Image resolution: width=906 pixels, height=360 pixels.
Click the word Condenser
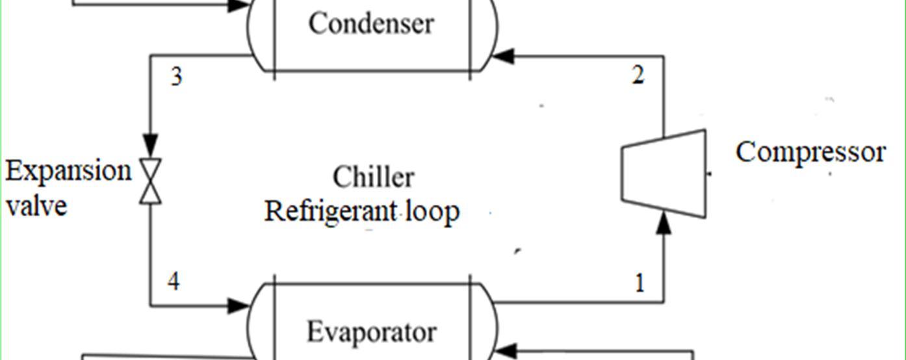click(x=370, y=23)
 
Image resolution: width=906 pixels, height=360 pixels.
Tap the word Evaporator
click(x=371, y=331)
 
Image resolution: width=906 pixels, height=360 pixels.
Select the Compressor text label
click(x=810, y=153)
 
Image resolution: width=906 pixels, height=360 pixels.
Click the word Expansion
click(x=68, y=172)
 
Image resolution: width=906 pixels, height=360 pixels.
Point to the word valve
click(x=36, y=205)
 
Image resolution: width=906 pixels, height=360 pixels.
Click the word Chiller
click(x=373, y=177)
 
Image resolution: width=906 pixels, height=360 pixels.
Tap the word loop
click(x=433, y=212)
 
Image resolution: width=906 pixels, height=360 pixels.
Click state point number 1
click(x=640, y=283)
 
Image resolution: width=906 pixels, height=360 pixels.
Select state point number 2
click(x=638, y=76)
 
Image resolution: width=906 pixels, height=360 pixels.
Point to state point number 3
click(x=176, y=77)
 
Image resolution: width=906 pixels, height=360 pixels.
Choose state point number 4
click(x=174, y=282)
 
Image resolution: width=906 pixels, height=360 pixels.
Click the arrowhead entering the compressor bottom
click(x=664, y=224)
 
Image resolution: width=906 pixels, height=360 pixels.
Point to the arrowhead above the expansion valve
click(x=151, y=143)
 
